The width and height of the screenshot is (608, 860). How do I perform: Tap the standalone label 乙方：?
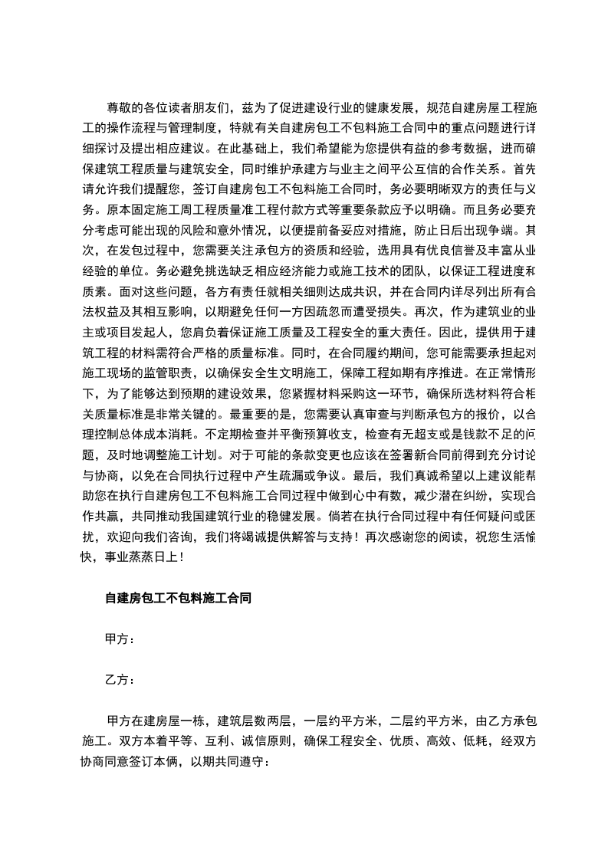[120, 680]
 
